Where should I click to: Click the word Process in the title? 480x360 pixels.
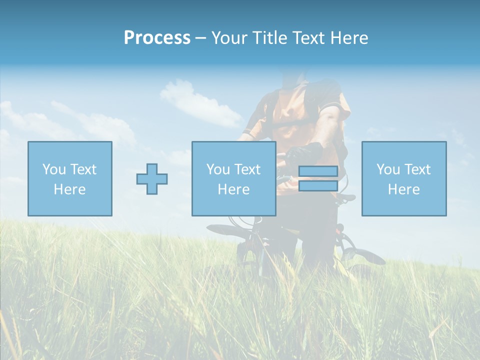(157, 38)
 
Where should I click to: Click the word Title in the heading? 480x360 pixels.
(269, 38)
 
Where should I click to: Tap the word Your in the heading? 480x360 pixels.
(230, 38)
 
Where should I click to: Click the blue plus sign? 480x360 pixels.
(152, 179)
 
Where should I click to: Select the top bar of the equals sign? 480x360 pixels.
(318, 171)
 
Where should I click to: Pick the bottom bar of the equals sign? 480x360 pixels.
(318, 186)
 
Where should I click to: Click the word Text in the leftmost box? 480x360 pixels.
(83, 169)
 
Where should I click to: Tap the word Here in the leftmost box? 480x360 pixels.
(69, 189)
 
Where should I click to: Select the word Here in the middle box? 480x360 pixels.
(233, 189)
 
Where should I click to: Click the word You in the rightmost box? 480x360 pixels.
(388, 169)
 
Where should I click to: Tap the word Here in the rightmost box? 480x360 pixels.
(403, 189)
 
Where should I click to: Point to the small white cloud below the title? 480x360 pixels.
(200, 102)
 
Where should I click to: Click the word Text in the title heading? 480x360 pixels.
(308, 38)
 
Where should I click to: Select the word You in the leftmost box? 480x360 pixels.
(54, 169)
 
